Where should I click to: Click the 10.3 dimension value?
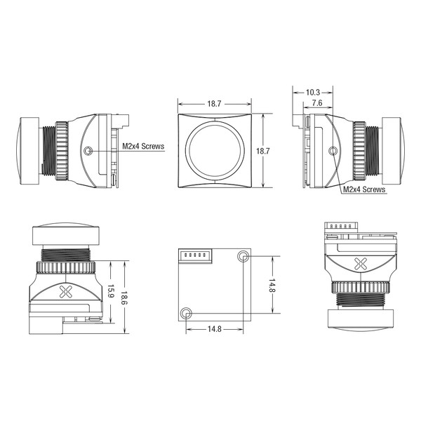point(313,93)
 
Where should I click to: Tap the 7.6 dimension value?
point(317,103)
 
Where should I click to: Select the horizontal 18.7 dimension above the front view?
point(214,104)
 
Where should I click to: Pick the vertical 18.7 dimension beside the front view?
point(262,151)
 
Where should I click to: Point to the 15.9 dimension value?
point(111,291)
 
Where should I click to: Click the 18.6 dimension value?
point(123,298)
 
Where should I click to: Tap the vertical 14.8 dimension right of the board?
point(272,285)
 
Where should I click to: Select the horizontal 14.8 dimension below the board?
point(214,329)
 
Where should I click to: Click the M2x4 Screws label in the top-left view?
point(143,147)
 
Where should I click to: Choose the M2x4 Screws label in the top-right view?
point(364,189)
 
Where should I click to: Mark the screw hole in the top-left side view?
point(88,151)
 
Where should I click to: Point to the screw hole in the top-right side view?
point(333,151)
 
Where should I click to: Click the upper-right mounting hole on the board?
point(243,256)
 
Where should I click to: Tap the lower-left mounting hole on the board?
point(186,313)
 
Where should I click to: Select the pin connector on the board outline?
point(195,256)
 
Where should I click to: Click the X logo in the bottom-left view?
point(65,292)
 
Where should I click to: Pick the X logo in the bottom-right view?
point(361,264)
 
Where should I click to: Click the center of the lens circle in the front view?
point(215,151)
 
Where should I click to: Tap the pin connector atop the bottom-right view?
point(341,227)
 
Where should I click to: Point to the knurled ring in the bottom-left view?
point(65,267)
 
